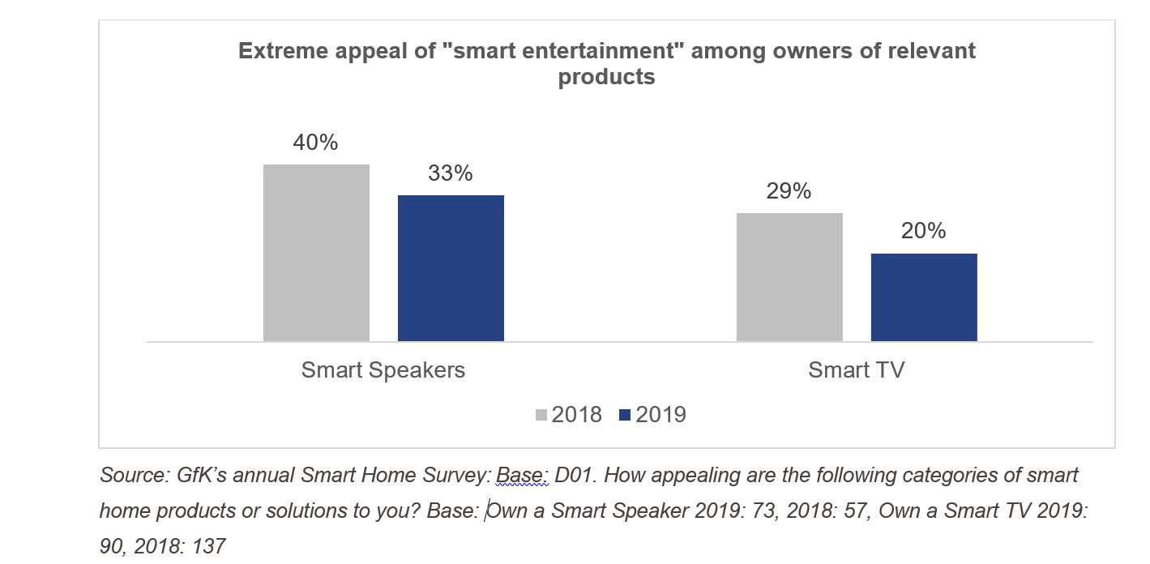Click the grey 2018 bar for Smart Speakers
coord(316,253)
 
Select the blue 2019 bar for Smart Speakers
coord(451,268)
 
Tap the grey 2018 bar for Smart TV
coord(789,277)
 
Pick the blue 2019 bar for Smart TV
coord(924,297)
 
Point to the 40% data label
coord(315,143)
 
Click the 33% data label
coord(451,173)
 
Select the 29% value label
coord(789,191)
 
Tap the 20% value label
coord(924,231)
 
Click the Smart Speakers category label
coord(383,370)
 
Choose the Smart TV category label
coord(856,370)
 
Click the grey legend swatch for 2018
coord(541,415)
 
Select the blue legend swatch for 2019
coord(625,415)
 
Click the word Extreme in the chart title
coord(283,51)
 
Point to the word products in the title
coord(606,77)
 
